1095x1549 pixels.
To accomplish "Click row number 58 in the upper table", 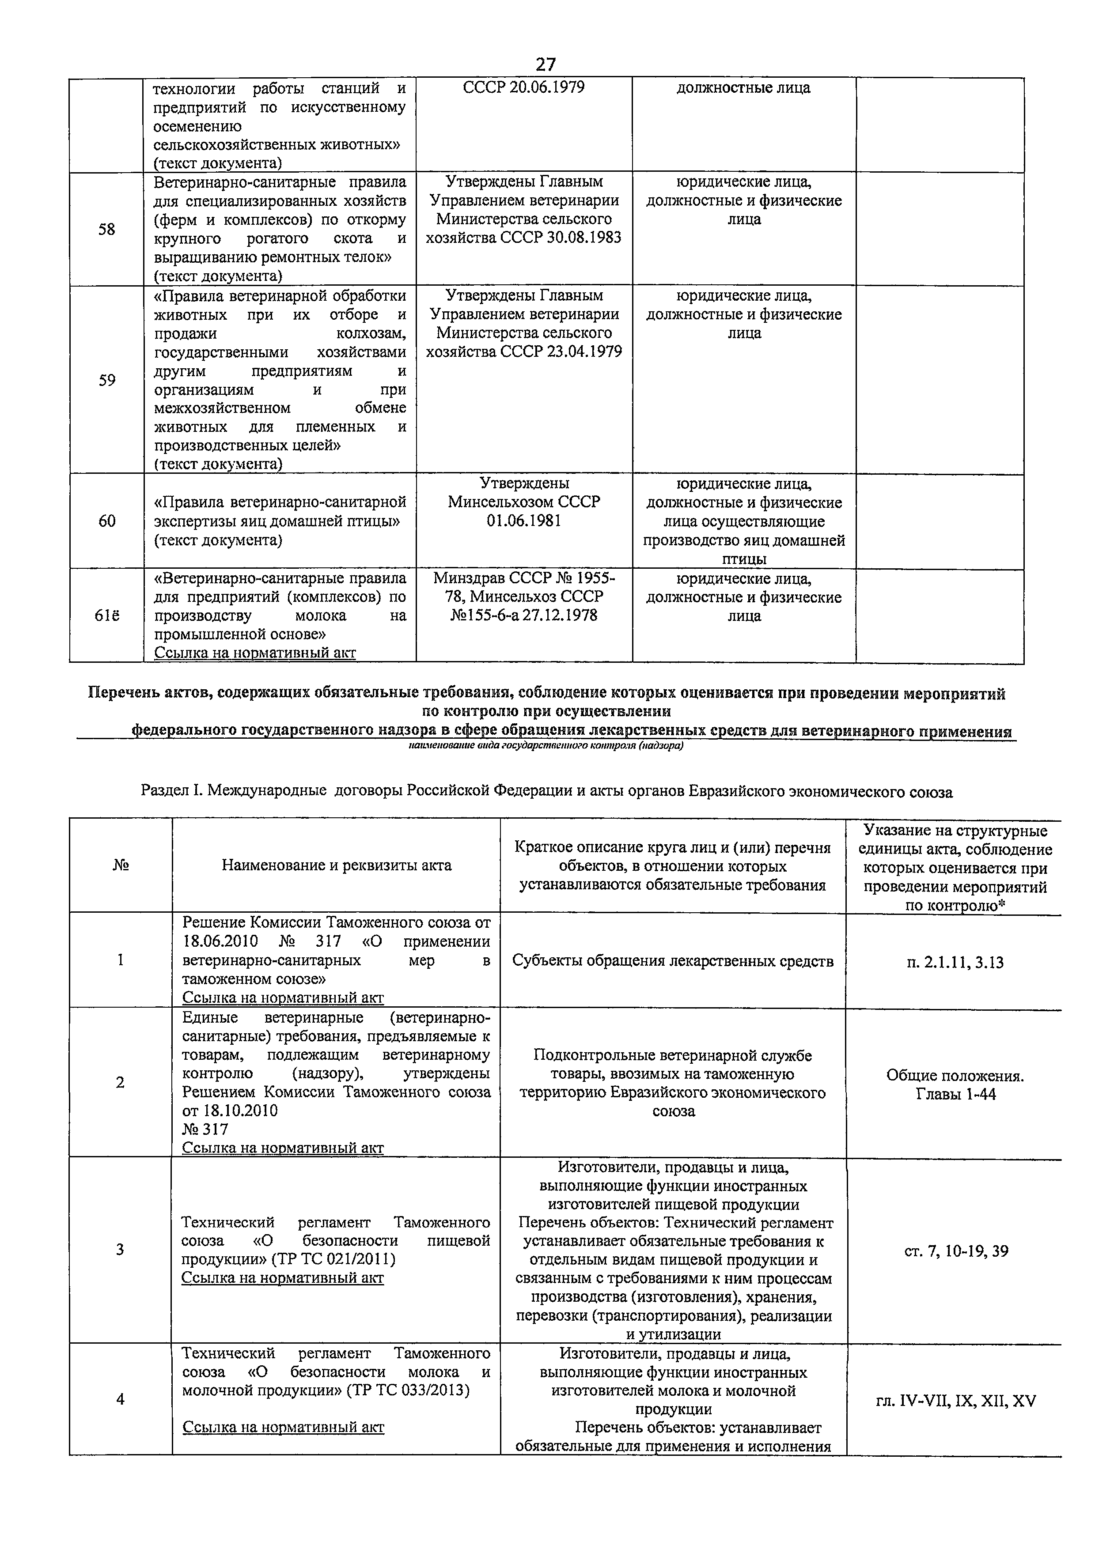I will pos(106,229).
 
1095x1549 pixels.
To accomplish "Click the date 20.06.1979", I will pos(547,88).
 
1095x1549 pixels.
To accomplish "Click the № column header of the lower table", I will pos(120,865).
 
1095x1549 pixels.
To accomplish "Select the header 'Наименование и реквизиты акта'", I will pos(336,865).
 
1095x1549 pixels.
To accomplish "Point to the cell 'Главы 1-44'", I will pos(955,1094).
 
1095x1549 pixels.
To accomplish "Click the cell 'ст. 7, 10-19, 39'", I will pos(955,1251).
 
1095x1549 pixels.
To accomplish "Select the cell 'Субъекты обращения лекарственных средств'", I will pos(673,961).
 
